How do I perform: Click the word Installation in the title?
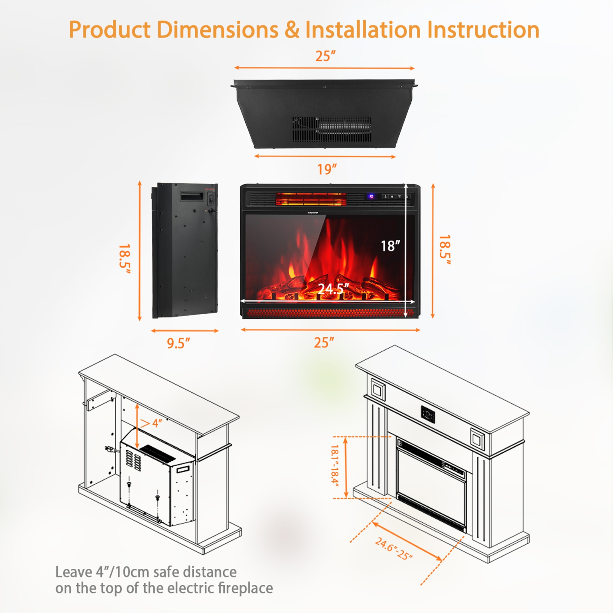pyautogui.click(x=363, y=30)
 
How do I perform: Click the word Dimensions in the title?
pyautogui.click(x=217, y=30)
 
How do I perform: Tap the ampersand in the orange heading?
pyautogui.click(x=292, y=30)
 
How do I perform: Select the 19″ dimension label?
pyautogui.click(x=327, y=169)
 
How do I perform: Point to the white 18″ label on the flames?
pyautogui.click(x=390, y=246)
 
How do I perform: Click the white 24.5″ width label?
pyautogui.click(x=333, y=289)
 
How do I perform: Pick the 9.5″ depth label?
pyautogui.click(x=179, y=343)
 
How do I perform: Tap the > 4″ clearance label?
pyautogui.click(x=151, y=423)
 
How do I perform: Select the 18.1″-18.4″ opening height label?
pyautogui.click(x=335, y=466)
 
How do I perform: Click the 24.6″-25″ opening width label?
pyautogui.click(x=394, y=549)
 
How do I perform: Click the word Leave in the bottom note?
pyautogui.click(x=73, y=572)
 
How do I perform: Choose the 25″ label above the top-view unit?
pyautogui.click(x=325, y=56)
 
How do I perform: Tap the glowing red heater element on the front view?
pyautogui.click(x=311, y=199)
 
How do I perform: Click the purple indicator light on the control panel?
pyautogui.click(x=371, y=197)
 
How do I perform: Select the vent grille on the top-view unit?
pyautogui.click(x=332, y=129)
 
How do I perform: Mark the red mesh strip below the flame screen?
pyautogui.click(x=327, y=313)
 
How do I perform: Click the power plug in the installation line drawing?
pyautogui.click(x=109, y=449)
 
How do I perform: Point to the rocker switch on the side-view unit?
pyautogui.click(x=211, y=199)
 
